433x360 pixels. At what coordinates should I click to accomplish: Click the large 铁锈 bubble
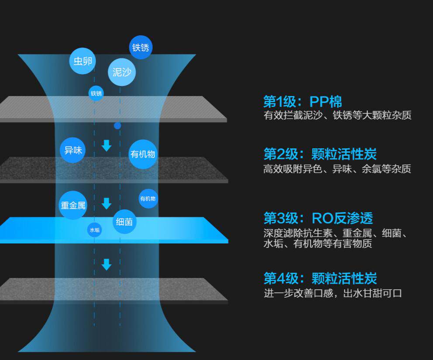(x=141, y=47)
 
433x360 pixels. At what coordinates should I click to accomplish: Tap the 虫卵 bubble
(x=82, y=61)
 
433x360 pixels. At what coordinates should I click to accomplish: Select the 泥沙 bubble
(x=122, y=72)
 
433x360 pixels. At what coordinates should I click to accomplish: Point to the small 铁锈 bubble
(x=96, y=93)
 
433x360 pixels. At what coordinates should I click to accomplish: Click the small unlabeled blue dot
(x=117, y=126)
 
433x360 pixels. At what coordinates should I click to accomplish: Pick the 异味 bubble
(x=73, y=150)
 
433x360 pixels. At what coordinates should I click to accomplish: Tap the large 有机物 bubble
(x=143, y=154)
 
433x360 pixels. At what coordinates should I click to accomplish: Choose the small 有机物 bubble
(x=148, y=199)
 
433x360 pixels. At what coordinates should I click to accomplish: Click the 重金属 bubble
(x=73, y=205)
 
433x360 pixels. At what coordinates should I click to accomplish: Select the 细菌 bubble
(x=124, y=222)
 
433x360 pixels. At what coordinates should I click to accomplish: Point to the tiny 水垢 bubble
(x=95, y=230)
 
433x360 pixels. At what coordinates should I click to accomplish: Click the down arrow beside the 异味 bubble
(x=107, y=145)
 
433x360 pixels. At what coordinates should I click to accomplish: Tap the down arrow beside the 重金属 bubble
(x=107, y=203)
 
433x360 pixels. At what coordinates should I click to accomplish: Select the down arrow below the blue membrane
(x=107, y=264)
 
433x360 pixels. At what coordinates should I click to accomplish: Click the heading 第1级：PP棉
(x=302, y=102)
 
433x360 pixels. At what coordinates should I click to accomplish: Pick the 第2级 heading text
(x=320, y=154)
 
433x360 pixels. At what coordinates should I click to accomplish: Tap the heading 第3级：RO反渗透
(x=318, y=218)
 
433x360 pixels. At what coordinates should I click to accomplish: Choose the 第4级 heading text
(x=320, y=278)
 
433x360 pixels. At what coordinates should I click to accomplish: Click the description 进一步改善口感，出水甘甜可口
(x=333, y=293)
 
